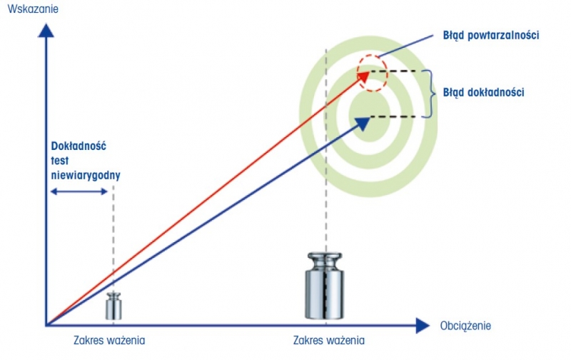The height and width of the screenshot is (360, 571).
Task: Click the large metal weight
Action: (x=325, y=289)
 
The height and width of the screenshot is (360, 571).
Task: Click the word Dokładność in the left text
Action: (x=79, y=146)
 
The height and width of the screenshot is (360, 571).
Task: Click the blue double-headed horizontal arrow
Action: (x=79, y=191)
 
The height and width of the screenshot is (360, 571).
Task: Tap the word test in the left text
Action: (x=60, y=159)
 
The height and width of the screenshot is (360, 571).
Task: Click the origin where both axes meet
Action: (x=46, y=326)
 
